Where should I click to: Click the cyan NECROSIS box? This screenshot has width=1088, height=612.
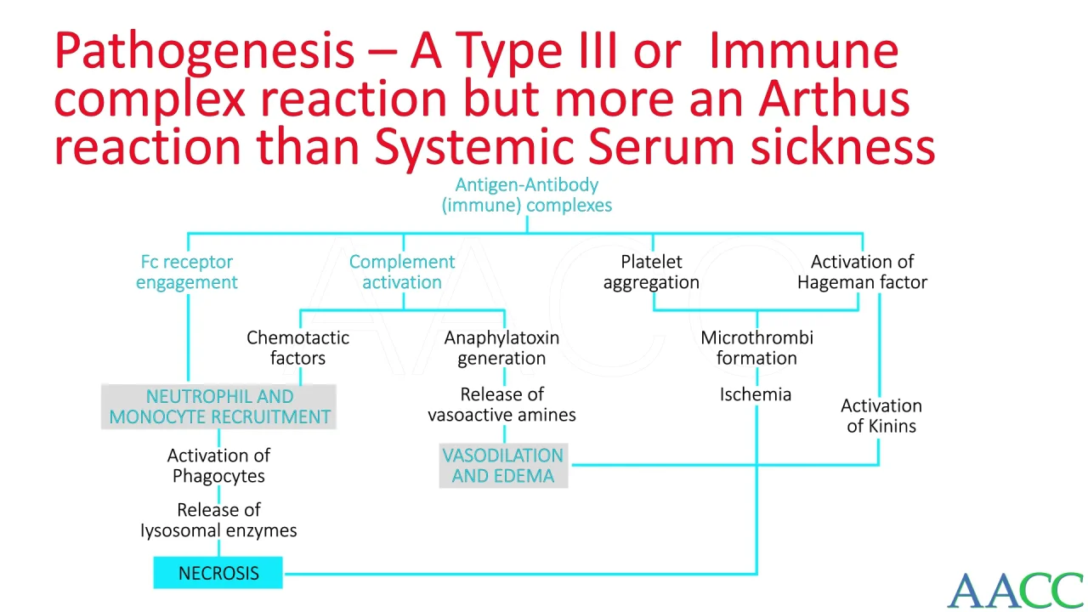click(x=218, y=573)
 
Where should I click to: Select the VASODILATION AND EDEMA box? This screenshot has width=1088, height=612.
click(x=503, y=465)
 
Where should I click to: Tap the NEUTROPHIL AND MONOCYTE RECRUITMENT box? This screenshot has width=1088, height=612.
click(x=218, y=406)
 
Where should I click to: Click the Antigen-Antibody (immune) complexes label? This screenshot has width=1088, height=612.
click(x=526, y=195)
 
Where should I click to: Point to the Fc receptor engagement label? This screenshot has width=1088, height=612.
click(x=186, y=272)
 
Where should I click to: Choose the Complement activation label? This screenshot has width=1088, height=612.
click(x=402, y=272)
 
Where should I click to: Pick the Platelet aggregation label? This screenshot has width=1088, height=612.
click(x=651, y=272)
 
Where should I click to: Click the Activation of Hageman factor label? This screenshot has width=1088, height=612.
click(x=862, y=272)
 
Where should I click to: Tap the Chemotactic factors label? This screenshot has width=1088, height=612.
click(x=297, y=348)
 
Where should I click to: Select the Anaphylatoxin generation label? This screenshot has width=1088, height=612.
click(x=501, y=348)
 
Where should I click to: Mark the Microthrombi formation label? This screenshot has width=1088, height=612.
click(x=756, y=348)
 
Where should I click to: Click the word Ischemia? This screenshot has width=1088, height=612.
click(x=756, y=394)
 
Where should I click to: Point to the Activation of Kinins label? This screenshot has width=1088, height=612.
click(x=881, y=416)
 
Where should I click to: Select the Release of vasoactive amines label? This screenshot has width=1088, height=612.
click(x=501, y=405)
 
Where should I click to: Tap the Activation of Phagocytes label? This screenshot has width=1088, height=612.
click(x=218, y=466)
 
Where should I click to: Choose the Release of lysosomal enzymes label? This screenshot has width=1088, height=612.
click(x=218, y=520)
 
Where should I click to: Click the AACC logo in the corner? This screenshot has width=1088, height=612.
click(x=1017, y=591)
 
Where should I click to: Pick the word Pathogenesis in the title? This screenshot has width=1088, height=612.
click(x=204, y=52)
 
